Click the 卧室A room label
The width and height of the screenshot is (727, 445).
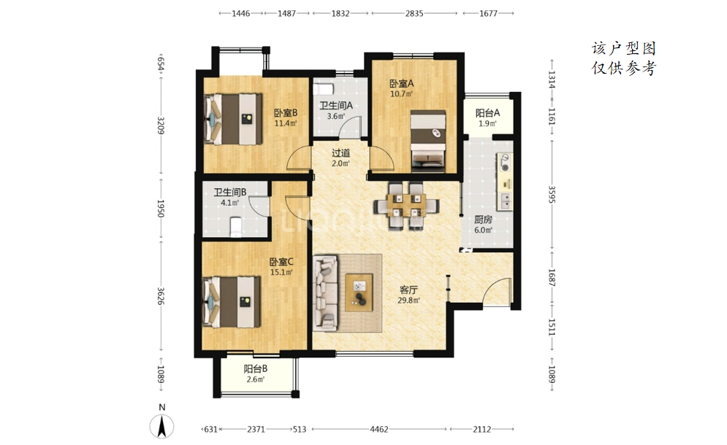[402, 84]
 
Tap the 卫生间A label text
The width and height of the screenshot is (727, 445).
[336, 106]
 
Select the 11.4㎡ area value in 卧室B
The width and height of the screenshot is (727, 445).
[285, 123]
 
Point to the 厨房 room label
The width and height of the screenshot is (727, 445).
[483, 220]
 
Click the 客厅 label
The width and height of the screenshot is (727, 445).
[408, 290]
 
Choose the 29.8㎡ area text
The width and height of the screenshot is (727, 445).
[408, 300]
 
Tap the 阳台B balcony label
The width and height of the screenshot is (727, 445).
[256, 369]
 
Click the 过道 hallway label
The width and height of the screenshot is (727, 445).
[340, 152]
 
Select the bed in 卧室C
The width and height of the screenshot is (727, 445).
[232, 301]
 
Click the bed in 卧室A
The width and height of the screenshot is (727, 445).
[428, 142]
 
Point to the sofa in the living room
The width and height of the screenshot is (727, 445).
[325, 293]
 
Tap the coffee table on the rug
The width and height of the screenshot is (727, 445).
[359, 293]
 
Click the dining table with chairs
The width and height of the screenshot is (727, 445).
[406, 206]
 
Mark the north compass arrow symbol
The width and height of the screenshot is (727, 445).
[161, 426]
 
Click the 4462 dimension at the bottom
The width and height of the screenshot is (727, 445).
[378, 429]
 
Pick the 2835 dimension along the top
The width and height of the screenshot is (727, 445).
[414, 13]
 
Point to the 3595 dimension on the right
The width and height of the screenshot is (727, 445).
[552, 194]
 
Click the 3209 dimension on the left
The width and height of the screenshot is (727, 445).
[161, 125]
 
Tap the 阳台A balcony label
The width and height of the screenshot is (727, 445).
[488, 113]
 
